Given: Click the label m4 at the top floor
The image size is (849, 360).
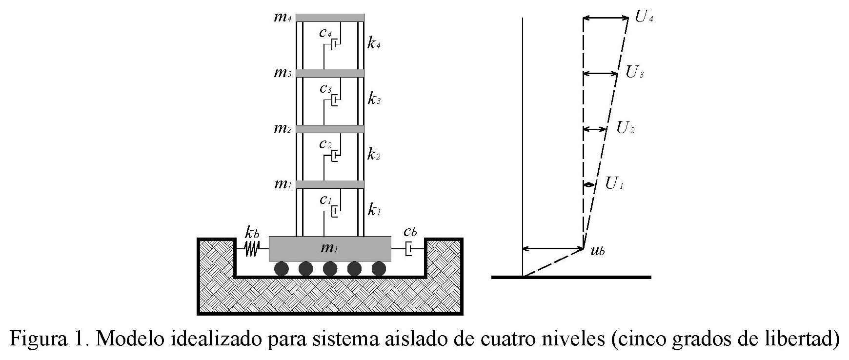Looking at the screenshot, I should pos(283,18).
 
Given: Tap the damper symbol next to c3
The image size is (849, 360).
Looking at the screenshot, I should pos(335,100).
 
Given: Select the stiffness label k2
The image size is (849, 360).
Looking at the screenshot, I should pos(374,156).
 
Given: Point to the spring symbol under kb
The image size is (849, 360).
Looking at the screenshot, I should pos(251,249).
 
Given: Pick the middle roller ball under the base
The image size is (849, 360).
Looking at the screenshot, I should pos(330,269).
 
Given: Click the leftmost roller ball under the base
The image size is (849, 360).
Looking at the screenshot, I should pos(282,269).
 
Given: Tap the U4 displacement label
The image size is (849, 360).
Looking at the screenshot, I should pos(644,18).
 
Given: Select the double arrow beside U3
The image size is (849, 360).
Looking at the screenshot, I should pos(601,74).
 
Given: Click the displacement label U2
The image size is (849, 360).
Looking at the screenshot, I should pos(625,128).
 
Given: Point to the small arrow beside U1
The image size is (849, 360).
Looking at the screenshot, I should pos(589,184).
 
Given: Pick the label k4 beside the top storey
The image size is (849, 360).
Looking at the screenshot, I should pos(374,44).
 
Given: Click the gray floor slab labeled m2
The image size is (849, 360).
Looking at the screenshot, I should pos(330,129).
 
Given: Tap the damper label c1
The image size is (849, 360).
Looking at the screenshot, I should pos(325,200).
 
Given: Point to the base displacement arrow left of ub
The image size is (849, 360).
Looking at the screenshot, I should pos(553,249).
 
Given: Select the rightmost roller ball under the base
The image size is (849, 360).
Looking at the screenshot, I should pos(379,269).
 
